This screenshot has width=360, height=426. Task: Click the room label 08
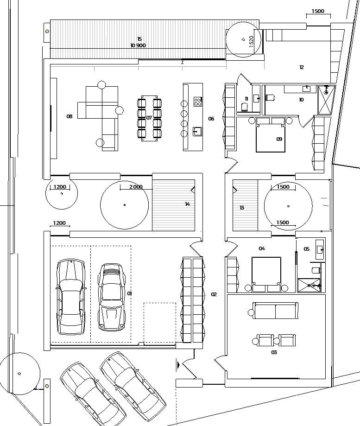(x=69, y=116)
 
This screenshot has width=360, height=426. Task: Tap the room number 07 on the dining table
(x=149, y=118)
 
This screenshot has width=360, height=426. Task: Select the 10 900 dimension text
(x=138, y=45)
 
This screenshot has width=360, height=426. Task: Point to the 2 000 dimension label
(x=136, y=187)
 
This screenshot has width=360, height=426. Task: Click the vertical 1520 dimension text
(x=251, y=42)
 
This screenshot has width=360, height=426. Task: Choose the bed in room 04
(x=266, y=274)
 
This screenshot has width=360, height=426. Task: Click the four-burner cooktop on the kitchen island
(x=198, y=102)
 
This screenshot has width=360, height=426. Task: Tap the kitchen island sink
(x=197, y=132)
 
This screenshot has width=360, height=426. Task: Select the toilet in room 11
(x=244, y=108)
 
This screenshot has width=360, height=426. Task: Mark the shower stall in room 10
(x=327, y=100)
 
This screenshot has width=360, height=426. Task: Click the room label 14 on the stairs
(x=187, y=204)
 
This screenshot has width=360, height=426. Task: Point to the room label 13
(x=242, y=208)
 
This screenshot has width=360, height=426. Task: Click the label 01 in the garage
(x=130, y=293)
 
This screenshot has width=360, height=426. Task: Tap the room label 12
(x=301, y=67)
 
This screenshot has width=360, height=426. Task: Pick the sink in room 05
(x=320, y=249)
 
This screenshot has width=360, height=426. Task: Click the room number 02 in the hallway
(x=214, y=294)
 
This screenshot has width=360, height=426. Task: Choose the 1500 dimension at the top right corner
(x=318, y=11)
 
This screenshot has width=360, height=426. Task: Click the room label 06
(x=211, y=119)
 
